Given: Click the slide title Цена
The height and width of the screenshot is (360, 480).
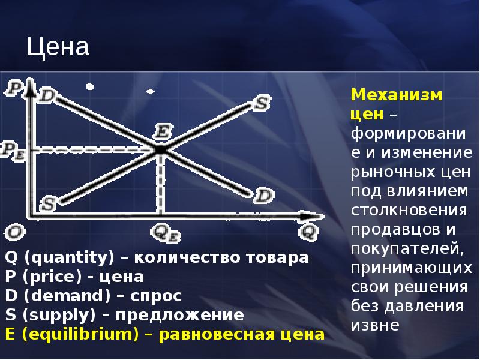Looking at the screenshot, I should pyautogui.click(x=58, y=47).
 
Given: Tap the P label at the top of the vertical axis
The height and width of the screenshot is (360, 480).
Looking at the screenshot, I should pyautogui.click(x=13, y=89).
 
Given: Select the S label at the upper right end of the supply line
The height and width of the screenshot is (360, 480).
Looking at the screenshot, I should pyautogui.click(x=259, y=103).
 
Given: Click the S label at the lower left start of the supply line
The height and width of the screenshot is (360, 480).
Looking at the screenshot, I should pyautogui.click(x=47, y=204).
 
